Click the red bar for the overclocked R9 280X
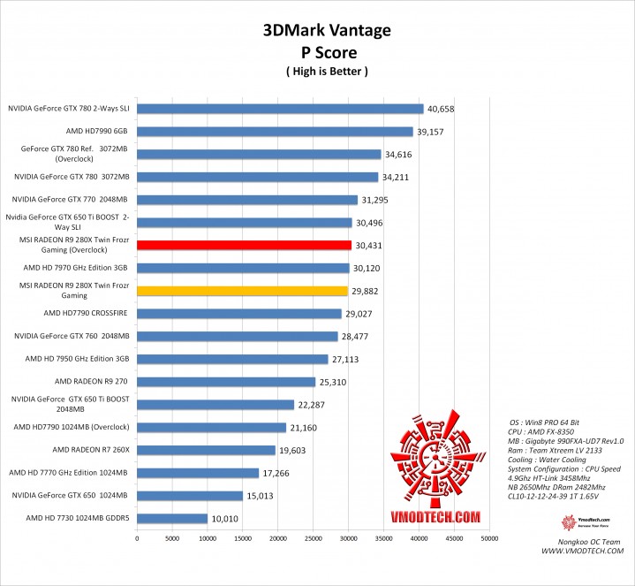(x=244, y=245)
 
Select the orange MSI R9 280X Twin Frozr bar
(x=242, y=290)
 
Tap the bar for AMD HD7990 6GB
(x=275, y=132)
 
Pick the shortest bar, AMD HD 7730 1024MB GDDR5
(x=171, y=518)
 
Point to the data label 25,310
(x=333, y=382)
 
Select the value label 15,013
(x=261, y=496)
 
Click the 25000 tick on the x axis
(x=313, y=537)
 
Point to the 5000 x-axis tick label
(x=171, y=537)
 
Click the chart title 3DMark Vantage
(x=326, y=31)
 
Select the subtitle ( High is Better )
(x=327, y=71)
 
